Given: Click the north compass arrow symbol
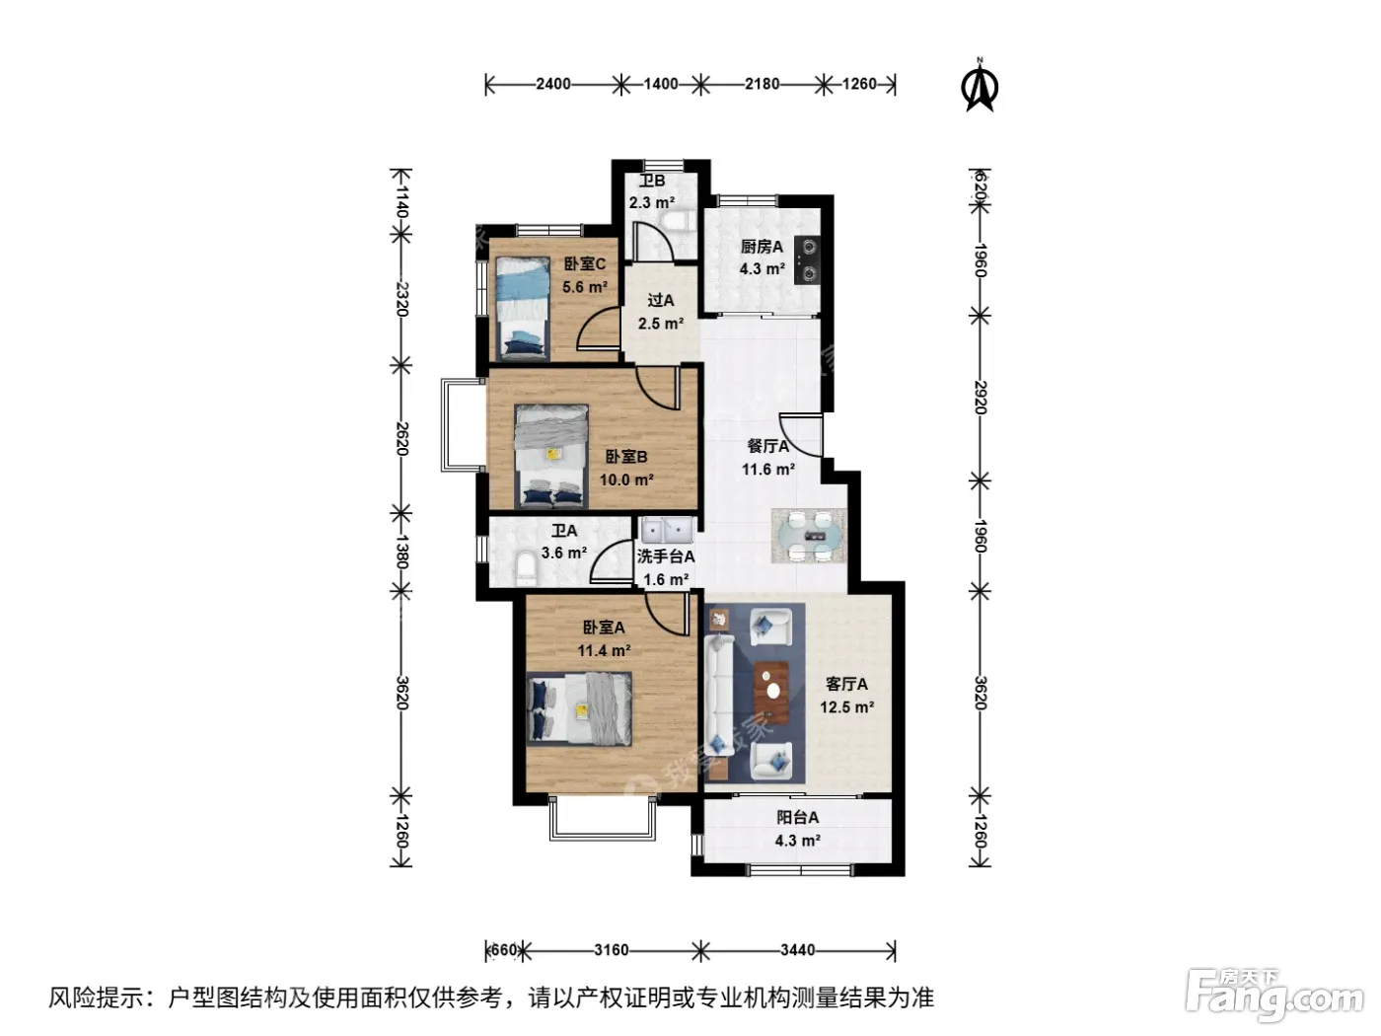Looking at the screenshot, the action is pyautogui.click(x=979, y=85).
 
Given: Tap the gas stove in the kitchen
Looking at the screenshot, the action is pyautogui.click(x=807, y=259).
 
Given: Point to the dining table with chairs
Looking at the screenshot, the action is pyautogui.click(x=809, y=536).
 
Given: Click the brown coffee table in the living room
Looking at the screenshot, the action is pyautogui.click(x=771, y=693).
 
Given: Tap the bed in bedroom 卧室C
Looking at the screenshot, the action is pyautogui.click(x=522, y=308).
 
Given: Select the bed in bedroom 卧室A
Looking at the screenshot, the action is pyautogui.click(x=579, y=708).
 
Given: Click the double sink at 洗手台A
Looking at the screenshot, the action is pyautogui.click(x=666, y=530).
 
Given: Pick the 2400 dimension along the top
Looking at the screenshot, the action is pyautogui.click(x=553, y=84).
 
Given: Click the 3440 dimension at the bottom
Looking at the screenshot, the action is pyautogui.click(x=797, y=950).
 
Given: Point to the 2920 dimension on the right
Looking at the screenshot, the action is pyautogui.click(x=980, y=397).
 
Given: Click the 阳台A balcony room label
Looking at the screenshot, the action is pyautogui.click(x=797, y=817).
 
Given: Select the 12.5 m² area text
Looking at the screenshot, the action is pyautogui.click(x=846, y=707).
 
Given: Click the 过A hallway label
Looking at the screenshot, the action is pyautogui.click(x=661, y=300).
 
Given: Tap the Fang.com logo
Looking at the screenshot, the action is pyautogui.click(x=1273, y=996).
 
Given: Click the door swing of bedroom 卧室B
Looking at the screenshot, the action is pyautogui.click(x=658, y=388).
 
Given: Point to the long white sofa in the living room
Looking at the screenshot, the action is pyautogui.click(x=719, y=695).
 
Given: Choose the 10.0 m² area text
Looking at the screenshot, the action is pyautogui.click(x=626, y=480).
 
